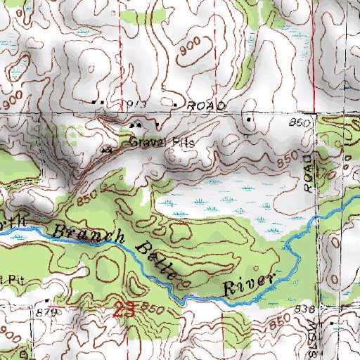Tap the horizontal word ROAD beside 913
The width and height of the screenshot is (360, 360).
[x=206, y=105]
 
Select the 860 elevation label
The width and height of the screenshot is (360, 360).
[x=300, y=124]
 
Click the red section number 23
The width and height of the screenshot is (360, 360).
[x=124, y=308]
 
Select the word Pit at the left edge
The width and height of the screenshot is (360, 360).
[x=8, y=278]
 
